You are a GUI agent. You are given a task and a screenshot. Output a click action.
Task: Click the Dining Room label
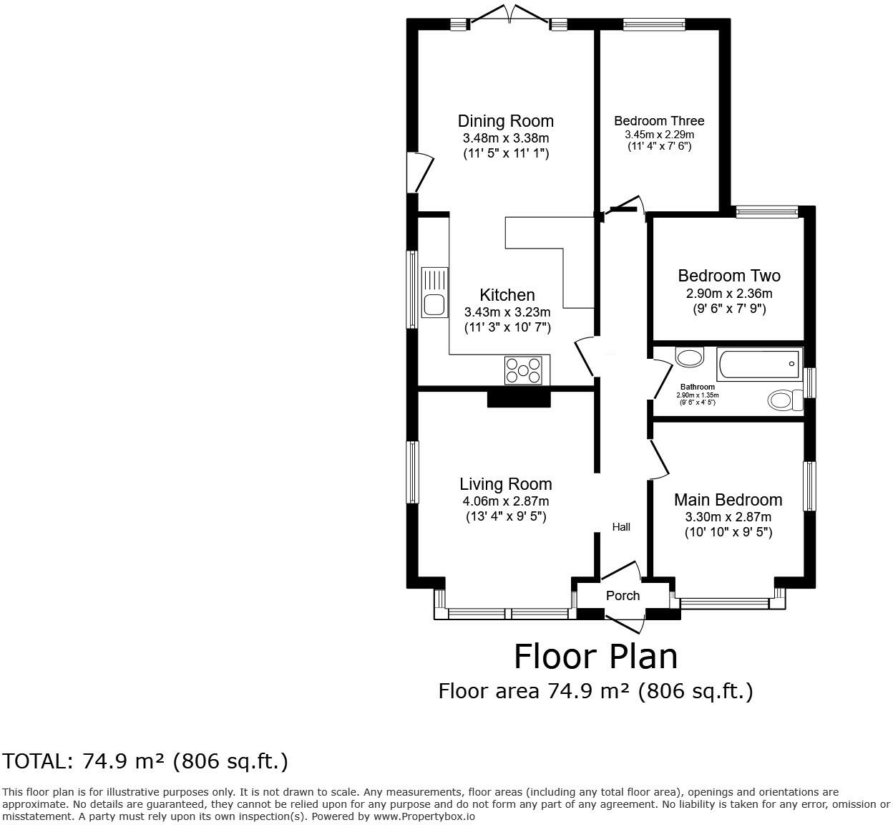[x=505, y=121]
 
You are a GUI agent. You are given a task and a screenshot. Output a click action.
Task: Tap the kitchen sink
[x=435, y=292]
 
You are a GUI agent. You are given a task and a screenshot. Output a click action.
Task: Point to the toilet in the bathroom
[x=785, y=400]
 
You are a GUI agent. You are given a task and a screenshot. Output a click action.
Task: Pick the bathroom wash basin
[x=689, y=358]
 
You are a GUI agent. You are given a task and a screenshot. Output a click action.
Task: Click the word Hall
[x=621, y=527]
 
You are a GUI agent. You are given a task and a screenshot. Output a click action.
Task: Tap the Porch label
[x=623, y=596]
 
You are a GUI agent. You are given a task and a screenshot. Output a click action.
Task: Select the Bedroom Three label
[x=659, y=120]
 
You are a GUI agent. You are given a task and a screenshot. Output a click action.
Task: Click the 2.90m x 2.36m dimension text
[x=729, y=294]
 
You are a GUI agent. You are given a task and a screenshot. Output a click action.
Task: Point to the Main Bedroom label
[x=728, y=500]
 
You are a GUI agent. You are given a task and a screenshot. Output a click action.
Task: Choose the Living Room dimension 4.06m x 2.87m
[x=506, y=501]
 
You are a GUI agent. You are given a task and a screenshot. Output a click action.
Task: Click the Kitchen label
[x=507, y=295]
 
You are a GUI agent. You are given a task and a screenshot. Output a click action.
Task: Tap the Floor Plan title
[x=595, y=657]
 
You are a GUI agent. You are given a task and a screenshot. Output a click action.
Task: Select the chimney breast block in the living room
[x=519, y=399]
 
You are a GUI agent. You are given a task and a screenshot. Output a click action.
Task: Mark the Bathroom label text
[x=698, y=387]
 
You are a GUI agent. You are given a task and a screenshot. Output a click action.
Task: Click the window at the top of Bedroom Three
[x=654, y=24]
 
